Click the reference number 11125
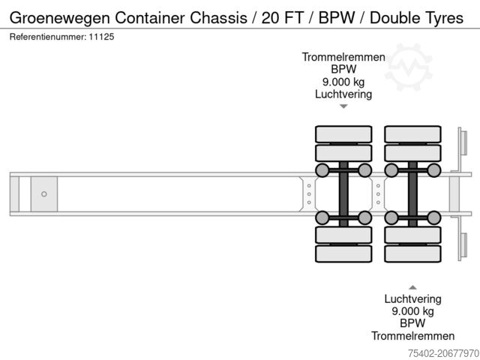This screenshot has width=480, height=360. coord(102,36)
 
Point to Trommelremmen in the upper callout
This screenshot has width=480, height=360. coord(343,57)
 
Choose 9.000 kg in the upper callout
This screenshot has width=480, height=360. coord(343,82)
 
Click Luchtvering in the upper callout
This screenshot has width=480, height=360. coord(343,94)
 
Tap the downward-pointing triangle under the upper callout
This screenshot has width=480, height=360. coord(343,106)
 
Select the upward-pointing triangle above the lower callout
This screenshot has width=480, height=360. coord(412,286)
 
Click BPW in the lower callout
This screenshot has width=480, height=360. coord(412,323)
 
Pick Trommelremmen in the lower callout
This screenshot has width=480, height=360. coord(412,336)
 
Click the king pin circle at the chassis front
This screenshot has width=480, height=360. coord(44,194)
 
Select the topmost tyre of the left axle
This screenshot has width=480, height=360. coord(343,134)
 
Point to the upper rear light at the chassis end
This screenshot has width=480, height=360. coord(463,142)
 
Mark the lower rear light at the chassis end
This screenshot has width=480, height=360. coord(463,246)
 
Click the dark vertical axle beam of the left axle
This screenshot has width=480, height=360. coord(343,193)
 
